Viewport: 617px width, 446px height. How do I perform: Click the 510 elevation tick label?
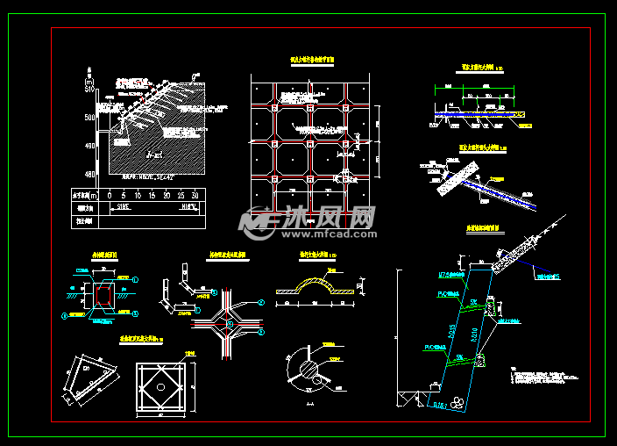(89, 89)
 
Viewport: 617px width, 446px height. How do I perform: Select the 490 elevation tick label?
(89, 147)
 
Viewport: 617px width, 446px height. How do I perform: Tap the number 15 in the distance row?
(147, 194)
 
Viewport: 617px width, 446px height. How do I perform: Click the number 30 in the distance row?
(195, 194)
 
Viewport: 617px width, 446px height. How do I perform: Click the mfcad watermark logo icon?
(260, 223)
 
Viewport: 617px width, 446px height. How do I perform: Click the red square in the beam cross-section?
(103, 296)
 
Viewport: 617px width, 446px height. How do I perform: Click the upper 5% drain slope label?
(473, 303)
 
